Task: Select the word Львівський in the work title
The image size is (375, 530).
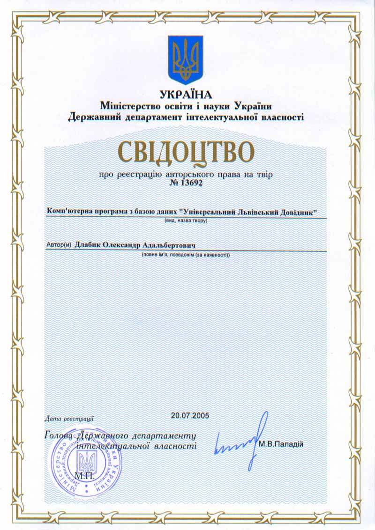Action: click(x=261, y=213)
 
